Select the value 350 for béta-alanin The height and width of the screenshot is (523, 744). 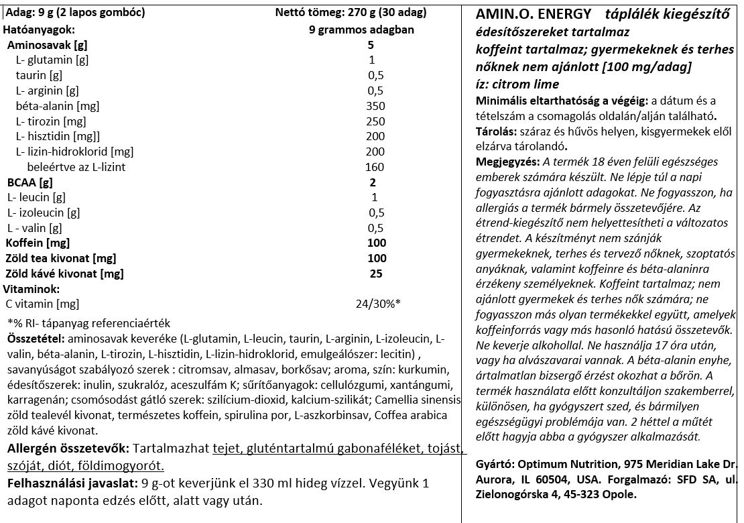[376, 106]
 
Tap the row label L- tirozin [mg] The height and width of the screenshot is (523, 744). [50, 121]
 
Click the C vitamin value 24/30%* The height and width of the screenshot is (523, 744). [378, 304]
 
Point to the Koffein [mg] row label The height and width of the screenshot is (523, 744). [38, 243]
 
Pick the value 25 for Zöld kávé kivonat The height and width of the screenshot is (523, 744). [376, 274]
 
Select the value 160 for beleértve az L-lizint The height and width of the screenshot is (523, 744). [375, 167]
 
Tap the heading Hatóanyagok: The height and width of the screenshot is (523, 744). [39, 30]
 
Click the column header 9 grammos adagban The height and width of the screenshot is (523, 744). [361, 30]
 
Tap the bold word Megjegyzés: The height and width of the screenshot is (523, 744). [507, 162]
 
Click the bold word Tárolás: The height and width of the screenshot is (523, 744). [495, 131]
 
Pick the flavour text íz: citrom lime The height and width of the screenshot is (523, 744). [517, 84]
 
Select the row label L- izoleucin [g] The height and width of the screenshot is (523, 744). [44, 213]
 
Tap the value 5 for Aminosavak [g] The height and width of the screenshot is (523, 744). [371, 45]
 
